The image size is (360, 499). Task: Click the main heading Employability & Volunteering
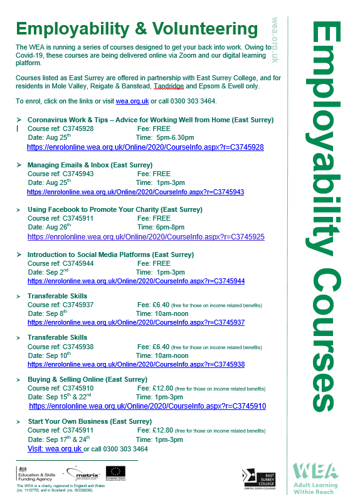point(137,29)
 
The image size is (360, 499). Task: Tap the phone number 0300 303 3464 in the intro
point(195,101)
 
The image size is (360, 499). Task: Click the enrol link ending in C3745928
point(145,147)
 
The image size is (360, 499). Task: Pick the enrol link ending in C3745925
point(146,237)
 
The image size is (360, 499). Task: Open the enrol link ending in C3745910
point(147,406)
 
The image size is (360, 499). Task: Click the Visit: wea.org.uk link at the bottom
point(55,449)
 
